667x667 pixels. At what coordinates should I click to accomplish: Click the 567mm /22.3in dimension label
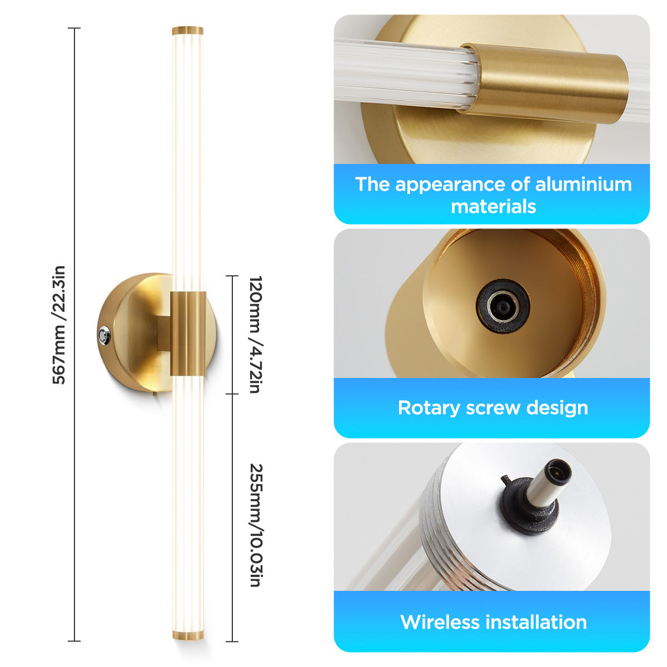click(59, 325)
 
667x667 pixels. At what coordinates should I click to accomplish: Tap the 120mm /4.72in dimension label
click(256, 335)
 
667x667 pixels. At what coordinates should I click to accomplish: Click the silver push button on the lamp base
click(104, 335)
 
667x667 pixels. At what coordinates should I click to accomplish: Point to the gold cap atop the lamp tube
click(188, 31)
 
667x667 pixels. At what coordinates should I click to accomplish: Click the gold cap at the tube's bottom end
click(188, 635)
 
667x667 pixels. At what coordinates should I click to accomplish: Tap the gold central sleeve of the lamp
click(188, 333)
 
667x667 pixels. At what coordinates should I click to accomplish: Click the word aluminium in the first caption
click(583, 184)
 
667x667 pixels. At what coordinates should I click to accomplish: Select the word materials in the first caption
click(493, 207)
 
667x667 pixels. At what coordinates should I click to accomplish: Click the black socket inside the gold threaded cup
click(502, 307)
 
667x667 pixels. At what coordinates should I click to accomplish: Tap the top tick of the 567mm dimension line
click(74, 28)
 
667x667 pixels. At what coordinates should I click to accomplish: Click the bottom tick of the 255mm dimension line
click(232, 641)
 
